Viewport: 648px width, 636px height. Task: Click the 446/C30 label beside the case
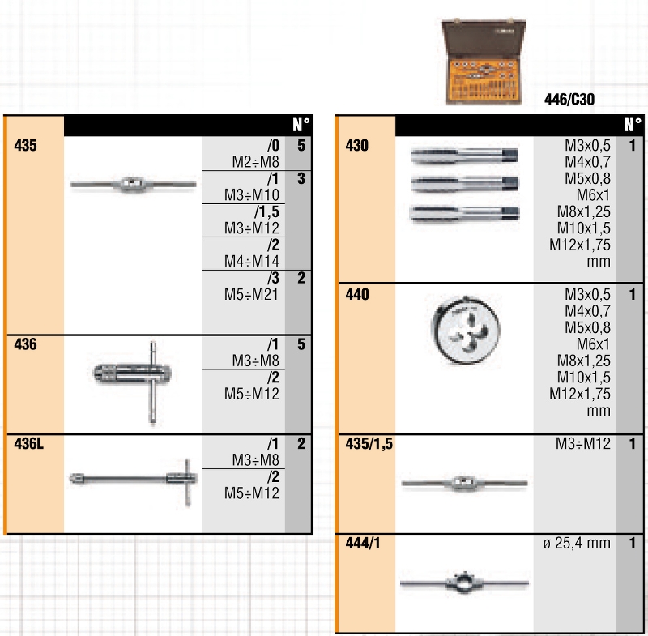tap(569, 99)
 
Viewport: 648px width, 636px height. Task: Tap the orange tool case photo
tap(484, 62)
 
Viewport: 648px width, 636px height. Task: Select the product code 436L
tap(28, 443)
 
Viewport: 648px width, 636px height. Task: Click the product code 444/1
tap(362, 543)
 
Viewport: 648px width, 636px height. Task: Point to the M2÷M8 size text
tap(255, 161)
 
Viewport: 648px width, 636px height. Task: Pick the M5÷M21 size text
tap(251, 294)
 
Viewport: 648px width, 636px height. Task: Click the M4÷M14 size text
tap(251, 261)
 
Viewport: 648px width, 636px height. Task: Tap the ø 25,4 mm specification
tap(577, 543)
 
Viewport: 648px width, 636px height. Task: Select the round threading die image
tap(466, 330)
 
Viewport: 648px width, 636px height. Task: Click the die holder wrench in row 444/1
tap(464, 583)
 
